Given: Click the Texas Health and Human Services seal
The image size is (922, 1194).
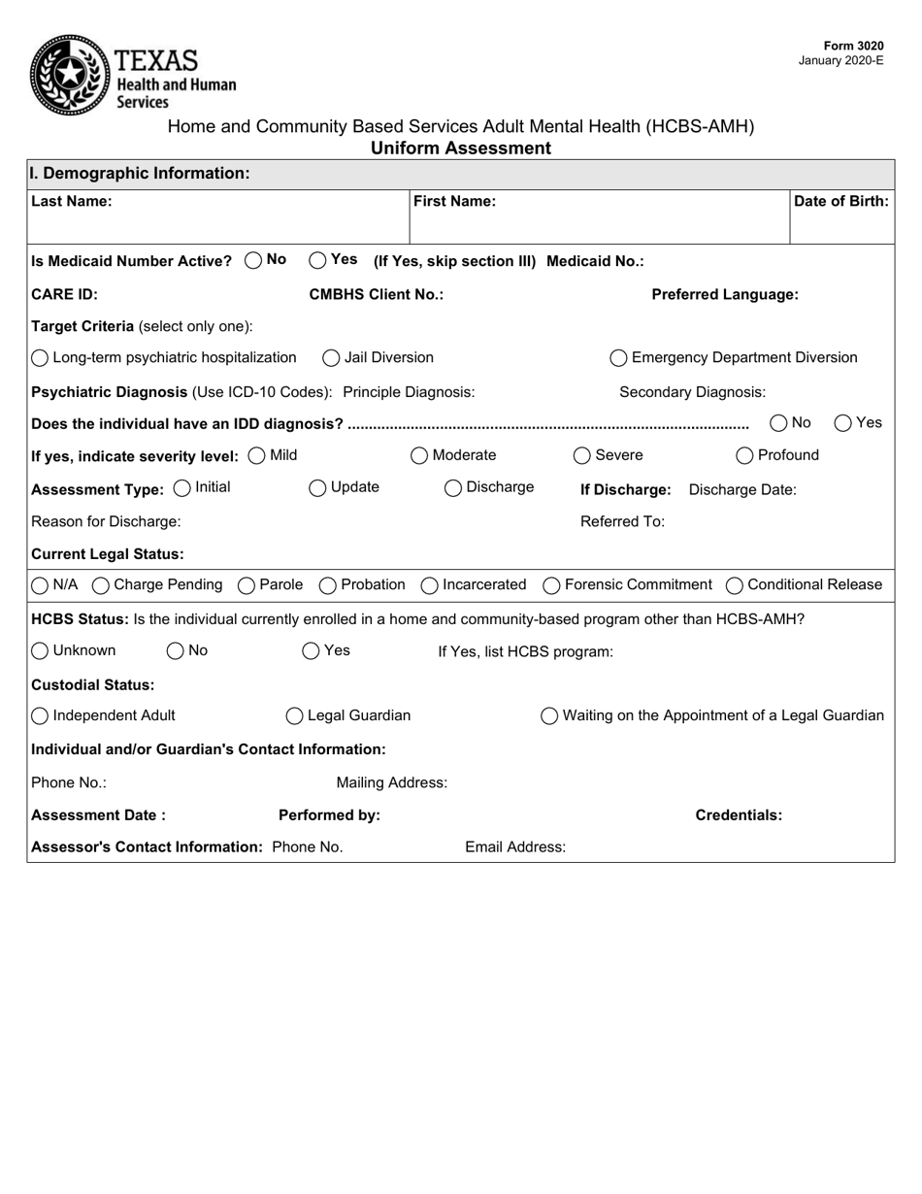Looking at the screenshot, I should coord(70,75).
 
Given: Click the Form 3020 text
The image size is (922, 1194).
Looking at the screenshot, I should coord(853,46).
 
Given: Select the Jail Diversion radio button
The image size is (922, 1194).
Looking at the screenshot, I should coord(331,358).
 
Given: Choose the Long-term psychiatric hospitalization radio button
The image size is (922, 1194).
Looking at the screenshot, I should coord(40,358).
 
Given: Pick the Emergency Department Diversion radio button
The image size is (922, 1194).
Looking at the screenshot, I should coord(618,358).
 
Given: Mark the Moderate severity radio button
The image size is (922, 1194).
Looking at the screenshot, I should coord(419,456).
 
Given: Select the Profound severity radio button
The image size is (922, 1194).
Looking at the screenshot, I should coord(744,456).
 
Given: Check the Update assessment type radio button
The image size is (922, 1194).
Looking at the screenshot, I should coord(317,488).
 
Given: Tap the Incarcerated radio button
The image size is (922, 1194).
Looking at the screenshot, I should coord(429,585).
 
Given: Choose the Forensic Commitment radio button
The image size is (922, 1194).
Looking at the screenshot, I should coord(551,585).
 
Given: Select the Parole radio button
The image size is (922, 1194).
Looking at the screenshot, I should coord(247,585).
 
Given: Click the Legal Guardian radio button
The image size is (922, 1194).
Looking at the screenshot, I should coord(295,716).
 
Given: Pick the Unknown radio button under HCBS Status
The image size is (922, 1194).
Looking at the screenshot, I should coord(40,651).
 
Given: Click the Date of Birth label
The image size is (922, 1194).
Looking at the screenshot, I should coord(840,202).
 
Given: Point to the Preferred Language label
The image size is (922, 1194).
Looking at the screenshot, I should coord(725,295).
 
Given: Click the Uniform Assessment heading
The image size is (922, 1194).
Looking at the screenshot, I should coord(460,149).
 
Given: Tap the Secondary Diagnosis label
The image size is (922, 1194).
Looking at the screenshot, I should coord(692,392).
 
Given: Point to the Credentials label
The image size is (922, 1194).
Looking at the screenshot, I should coord(739,815).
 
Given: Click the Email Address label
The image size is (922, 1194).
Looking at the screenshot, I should coord(515,847).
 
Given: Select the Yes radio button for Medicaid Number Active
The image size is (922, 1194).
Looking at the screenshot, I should coord(318,260).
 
